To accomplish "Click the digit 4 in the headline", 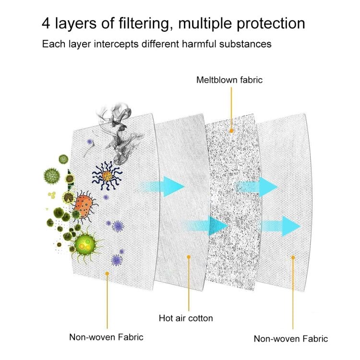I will (x=47, y=24).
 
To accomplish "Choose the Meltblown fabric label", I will (x=229, y=80).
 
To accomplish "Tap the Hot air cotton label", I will (x=186, y=318).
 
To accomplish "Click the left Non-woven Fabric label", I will (x=106, y=336).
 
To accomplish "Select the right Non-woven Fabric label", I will (x=291, y=339).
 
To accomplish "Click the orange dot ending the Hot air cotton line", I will (x=189, y=257).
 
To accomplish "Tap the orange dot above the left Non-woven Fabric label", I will (x=107, y=273).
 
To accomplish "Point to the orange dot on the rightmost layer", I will (x=292, y=257).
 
